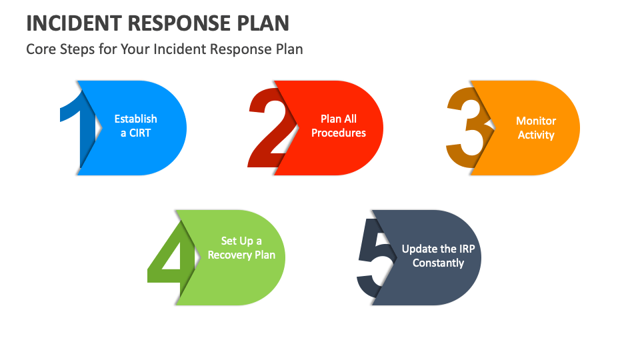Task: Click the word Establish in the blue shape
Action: pyautogui.click(x=135, y=119)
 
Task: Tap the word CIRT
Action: pyautogui.click(x=140, y=133)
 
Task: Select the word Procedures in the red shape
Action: pyautogui.click(x=339, y=133)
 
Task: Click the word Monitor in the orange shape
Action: pyautogui.click(x=536, y=121)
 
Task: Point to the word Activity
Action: pyautogui.click(x=536, y=135)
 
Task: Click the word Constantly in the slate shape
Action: pyautogui.click(x=439, y=263)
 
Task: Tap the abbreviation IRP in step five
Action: pyautogui.click(x=467, y=249)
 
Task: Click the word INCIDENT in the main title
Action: pyautogui.click(x=74, y=23)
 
